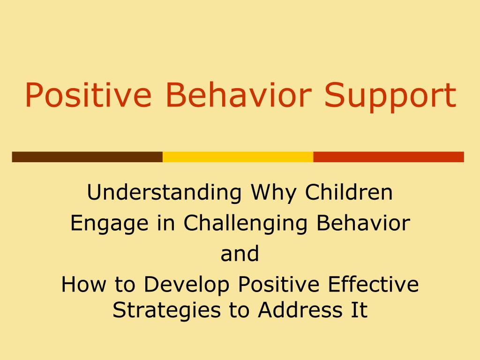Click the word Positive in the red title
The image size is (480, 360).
88,95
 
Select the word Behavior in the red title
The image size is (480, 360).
239,95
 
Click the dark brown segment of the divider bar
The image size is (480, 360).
87,157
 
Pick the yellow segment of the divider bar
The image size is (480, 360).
238,157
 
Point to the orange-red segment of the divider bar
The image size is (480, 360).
388,157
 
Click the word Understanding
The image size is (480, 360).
164,193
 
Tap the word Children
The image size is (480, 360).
349,193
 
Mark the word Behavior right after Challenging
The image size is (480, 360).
363,223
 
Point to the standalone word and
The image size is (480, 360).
240,254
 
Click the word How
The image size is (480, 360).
78,285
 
